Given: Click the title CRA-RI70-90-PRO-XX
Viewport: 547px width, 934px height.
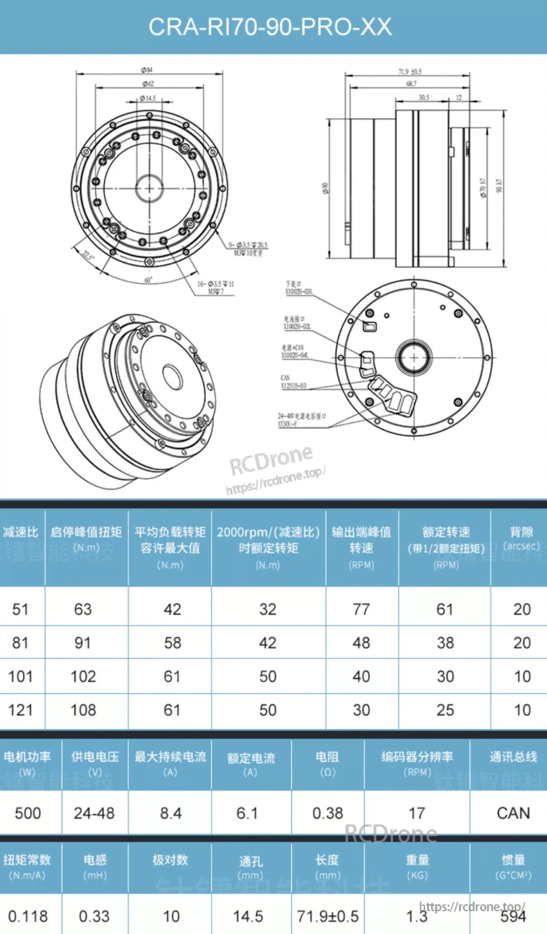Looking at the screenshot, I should (x=270, y=26).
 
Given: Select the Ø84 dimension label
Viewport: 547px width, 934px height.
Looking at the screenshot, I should (x=148, y=70).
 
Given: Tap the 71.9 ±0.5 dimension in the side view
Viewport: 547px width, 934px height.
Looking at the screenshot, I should (x=410, y=72).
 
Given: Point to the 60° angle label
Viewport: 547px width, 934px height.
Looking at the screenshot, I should (x=148, y=279).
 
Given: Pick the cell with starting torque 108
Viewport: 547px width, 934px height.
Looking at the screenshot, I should (x=83, y=710).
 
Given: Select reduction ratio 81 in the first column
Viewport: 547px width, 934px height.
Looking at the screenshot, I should (x=20, y=643).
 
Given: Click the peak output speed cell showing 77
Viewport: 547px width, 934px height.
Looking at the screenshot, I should (x=361, y=610).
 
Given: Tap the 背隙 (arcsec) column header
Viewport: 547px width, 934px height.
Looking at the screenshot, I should (x=521, y=538).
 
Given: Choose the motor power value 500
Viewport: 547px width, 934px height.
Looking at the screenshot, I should (x=28, y=813).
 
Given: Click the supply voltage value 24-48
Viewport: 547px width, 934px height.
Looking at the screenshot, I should (x=94, y=813).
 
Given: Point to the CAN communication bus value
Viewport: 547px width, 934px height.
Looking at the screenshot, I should (x=513, y=813).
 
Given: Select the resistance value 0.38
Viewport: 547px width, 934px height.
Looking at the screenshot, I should (x=327, y=813).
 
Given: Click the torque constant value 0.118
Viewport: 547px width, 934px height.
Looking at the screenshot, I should (x=28, y=916).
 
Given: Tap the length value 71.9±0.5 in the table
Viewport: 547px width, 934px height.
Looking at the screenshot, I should (x=327, y=916).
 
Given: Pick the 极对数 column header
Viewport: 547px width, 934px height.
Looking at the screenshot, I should (x=170, y=860).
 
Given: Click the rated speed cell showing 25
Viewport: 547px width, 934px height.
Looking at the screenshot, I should (x=445, y=710).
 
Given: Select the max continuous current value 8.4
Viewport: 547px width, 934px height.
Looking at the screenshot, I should (x=171, y=813).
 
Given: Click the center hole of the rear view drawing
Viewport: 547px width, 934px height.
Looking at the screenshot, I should (x=413, y=357).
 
